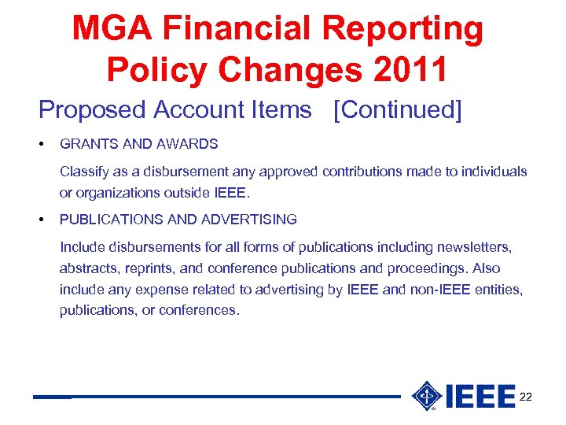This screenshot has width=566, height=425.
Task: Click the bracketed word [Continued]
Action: point(398,110)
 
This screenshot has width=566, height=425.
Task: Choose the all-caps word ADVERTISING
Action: point(249,220)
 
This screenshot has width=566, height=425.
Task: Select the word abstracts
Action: point(88,268)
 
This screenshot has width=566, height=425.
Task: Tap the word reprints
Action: point(148,268)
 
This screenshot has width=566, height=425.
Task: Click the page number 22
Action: point(526,397)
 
